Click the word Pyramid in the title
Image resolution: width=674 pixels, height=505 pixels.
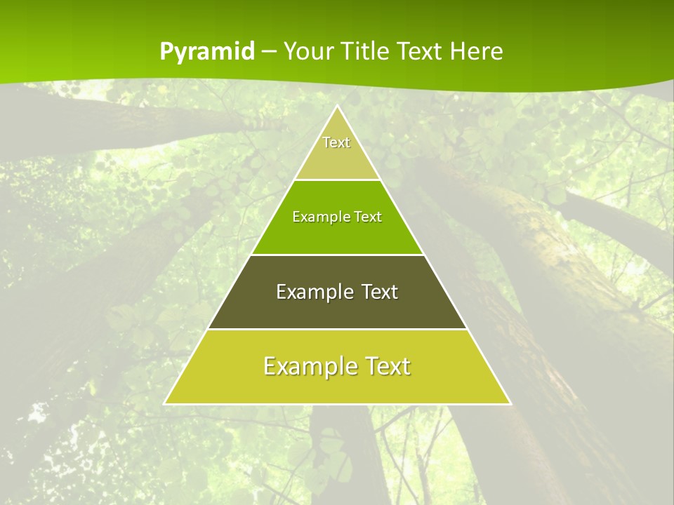tap(206, 52)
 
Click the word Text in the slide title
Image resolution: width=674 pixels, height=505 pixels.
tap(422, 52)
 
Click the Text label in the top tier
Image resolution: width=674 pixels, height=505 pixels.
tap(336, 142)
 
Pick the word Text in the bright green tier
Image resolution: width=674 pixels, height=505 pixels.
tap(368, 217)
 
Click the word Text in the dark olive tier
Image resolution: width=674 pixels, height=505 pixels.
tap(380, 292)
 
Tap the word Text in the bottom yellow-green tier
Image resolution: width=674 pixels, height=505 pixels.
tap(385, 366)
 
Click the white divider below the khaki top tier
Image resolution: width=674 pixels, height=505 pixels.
tap(337, 180)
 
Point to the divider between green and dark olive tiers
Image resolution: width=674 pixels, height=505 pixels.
tap(337, 255)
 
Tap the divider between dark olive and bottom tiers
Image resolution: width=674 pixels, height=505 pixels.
tap(337, 329)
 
